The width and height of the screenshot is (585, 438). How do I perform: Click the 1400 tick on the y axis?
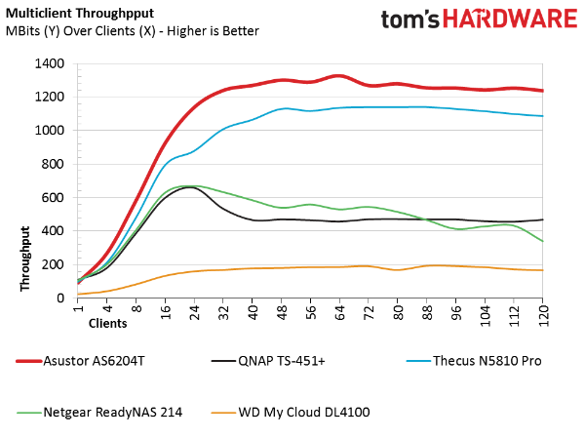pyautogui.click(x=49, y=63)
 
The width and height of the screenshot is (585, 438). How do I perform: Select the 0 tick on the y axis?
pyautogui.click(x=60, y=298)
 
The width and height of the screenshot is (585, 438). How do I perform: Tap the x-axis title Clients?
pyautogui.click(x=108, y=320)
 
